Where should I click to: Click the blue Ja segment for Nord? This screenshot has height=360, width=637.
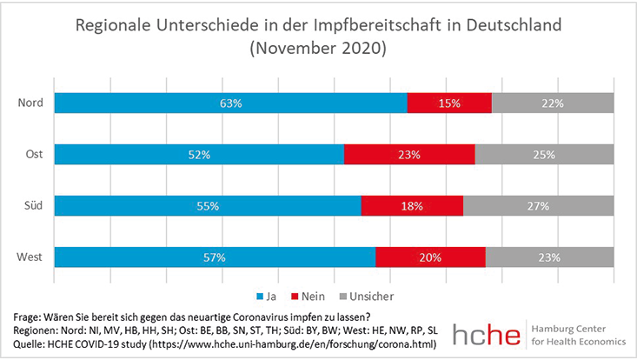(x=230, y=103)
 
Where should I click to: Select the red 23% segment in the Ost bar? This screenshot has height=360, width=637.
(x=409, y=155)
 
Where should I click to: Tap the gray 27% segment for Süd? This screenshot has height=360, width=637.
(x=538, y=206)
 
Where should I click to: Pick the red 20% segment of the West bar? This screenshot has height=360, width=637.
(x=430, y=257)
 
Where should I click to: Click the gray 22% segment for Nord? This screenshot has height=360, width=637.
(x=553, y=103)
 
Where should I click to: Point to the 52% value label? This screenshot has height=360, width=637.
(x=200, y=155)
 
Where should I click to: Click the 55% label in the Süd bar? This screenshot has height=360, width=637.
(x=208, y=206)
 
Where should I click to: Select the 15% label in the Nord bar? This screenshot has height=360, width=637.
(x=449, y=103)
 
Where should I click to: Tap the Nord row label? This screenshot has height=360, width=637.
(x=31, y=103)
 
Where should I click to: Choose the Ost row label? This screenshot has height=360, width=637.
(x=35, y=155)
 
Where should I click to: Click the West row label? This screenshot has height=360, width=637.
(x=31, y=257)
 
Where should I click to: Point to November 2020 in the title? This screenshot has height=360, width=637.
(x=318, y=49)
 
